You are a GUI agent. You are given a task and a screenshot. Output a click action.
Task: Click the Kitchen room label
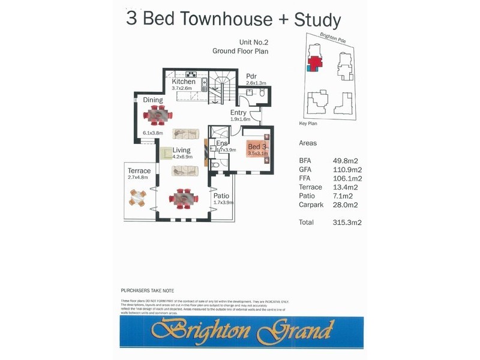click(x=184, y=82)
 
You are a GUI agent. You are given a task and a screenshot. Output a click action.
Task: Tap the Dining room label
click(x=153, y=100)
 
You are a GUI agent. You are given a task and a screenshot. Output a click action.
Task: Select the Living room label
click(x=181, y=150)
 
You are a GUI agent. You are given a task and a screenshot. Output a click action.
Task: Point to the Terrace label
click(x=139, y=171)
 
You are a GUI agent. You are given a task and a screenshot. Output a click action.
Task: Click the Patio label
click(x=221, y=196)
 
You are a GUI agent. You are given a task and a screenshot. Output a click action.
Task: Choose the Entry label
click(x=238, y=112)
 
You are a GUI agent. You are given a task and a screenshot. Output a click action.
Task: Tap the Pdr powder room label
click(x=251, y=76)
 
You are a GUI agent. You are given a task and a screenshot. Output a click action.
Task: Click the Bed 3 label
click(x=257, y=147)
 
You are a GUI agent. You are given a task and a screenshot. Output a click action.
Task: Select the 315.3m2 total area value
click(x=351, y=222)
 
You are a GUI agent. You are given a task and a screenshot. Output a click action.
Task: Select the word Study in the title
click(x=317, y=19)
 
